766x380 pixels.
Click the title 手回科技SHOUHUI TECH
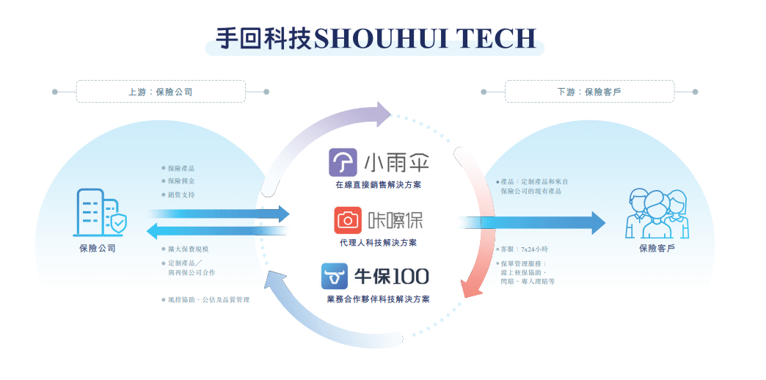click(375, 38)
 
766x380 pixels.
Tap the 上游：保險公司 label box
click(161, 92)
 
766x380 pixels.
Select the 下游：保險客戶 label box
click(589, 92)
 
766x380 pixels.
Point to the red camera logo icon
click(349, 220)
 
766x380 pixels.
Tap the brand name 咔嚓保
click(395, 220)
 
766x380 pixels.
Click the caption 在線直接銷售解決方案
click(378, 185)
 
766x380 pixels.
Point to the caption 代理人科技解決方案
click(378, 242)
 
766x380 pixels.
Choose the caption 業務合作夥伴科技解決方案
click(378, 299)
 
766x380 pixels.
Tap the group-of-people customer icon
click(657, 213)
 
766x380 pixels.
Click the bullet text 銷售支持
click(181, 194)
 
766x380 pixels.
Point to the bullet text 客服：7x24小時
click(525, 249)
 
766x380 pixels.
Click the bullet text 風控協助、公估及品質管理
click(208, 299)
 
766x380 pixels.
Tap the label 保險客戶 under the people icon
click(657, 249)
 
